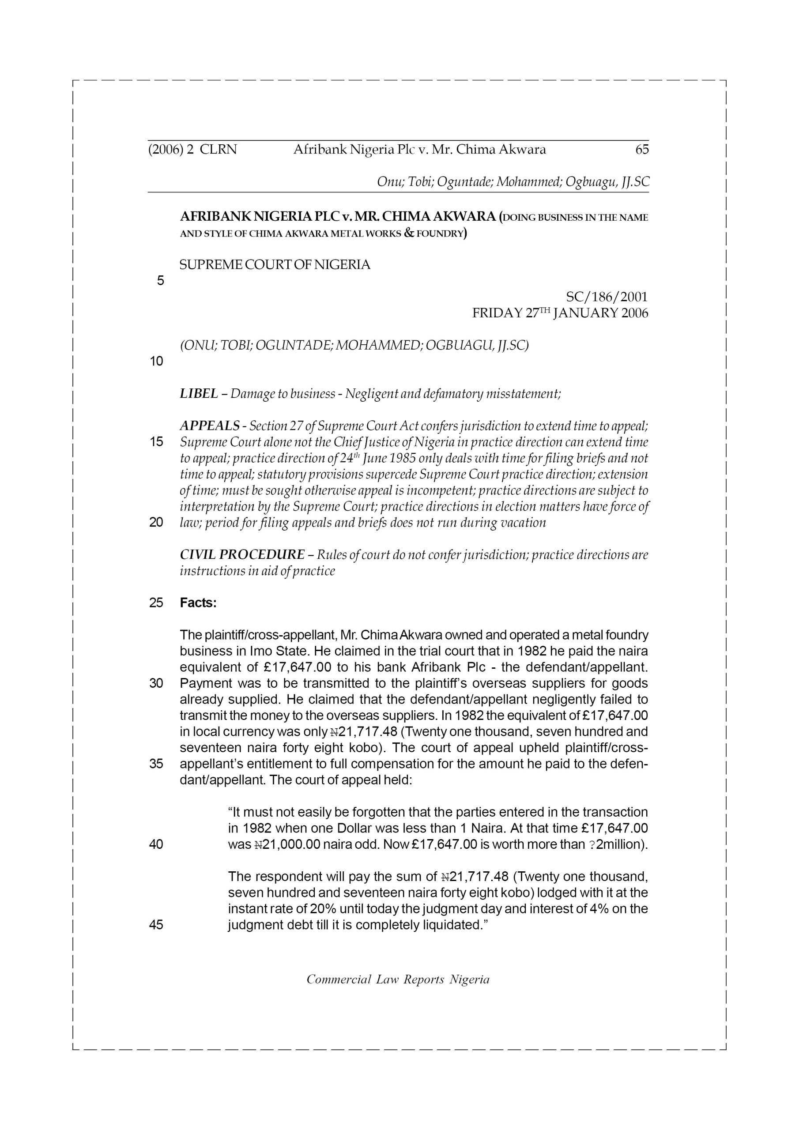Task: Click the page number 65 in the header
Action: coord(641,150)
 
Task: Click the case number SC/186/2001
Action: coord(607,297)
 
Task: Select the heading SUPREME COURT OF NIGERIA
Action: coord(275,265)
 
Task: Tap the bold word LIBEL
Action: coord(199,394)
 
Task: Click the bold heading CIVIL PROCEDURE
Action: coord(242,555)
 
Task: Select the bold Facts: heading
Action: coord(198,603)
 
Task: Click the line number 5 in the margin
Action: coord(161,281)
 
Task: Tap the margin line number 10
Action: coord(156,362)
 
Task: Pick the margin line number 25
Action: coord(156,603)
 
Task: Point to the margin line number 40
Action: coord(156,844)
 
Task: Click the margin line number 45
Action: coord(156,925)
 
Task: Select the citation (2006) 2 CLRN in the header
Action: coord(192,150)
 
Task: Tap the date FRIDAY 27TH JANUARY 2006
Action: coord(560,313)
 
